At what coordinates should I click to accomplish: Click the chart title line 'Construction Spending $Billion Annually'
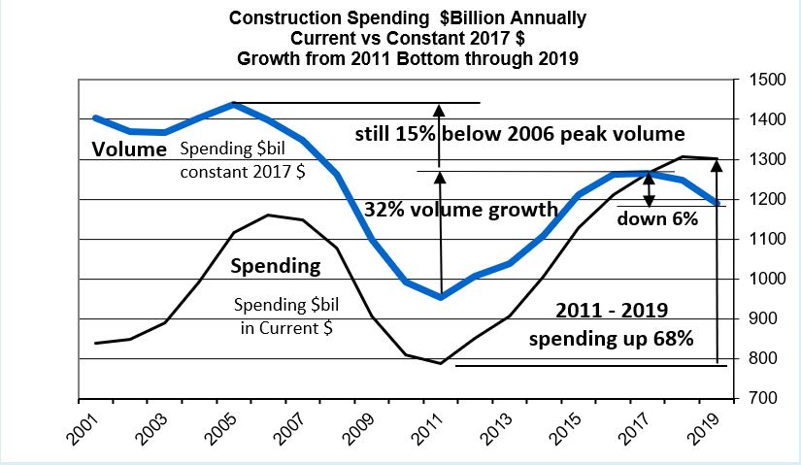click(407, 17)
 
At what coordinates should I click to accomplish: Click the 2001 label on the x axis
click(83, 427)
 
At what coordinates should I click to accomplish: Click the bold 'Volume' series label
click(130, 149)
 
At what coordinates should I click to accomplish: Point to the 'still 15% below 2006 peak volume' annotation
click(519, 134)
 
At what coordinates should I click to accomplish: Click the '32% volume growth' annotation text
click(461, 209)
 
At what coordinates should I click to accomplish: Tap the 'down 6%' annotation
click(657, 218)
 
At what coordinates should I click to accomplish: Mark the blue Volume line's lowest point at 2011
click(441, 297)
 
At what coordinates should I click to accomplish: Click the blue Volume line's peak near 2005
click(233, 104)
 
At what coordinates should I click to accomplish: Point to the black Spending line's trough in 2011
click(441, 364)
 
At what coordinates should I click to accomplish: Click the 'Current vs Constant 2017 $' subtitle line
click(407, 37)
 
